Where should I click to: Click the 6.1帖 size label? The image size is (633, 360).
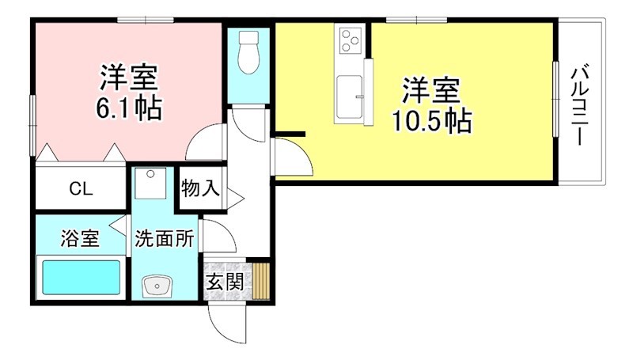[129, 108]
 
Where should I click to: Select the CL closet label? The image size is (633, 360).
[81, 189]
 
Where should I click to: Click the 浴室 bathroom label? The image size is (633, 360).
[80, 237]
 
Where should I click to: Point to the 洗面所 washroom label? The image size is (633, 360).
[165, 237]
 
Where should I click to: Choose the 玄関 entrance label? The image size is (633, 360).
[224, 281]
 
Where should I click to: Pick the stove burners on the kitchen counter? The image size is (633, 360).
[349, 39]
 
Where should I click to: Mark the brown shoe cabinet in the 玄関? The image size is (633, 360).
[262, 281]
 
